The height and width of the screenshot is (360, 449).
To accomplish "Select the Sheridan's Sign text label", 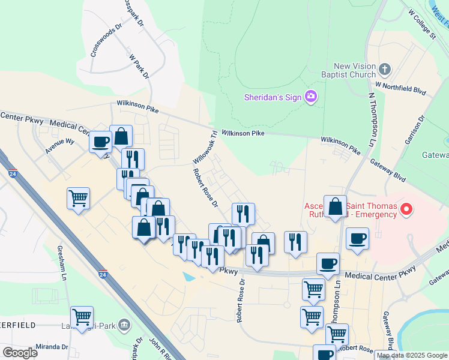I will click(x=273, y=97).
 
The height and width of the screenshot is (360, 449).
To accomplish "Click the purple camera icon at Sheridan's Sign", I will click(x=310, y=96).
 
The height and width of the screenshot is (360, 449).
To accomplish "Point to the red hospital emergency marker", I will click(x=407, y=209).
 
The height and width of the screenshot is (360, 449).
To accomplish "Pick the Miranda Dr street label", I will click(x=52, y=347).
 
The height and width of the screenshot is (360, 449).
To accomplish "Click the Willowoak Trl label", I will click(x=204, y=148).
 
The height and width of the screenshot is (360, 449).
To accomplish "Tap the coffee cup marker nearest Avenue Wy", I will click(x=100, y=142).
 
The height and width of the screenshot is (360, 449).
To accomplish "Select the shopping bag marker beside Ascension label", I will click(x=335, y=206).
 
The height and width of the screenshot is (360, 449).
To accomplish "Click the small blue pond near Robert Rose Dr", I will click(x=189, y=277).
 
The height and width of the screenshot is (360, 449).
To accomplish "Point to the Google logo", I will click(x=20, y=353).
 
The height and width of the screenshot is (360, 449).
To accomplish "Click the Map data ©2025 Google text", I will click(x=411, y=355).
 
